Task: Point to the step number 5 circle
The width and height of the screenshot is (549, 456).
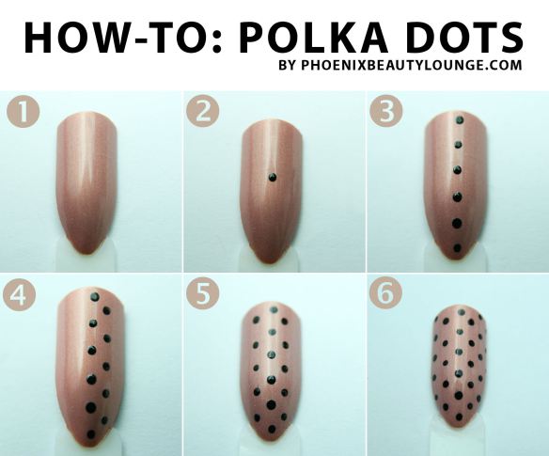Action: point(203,294)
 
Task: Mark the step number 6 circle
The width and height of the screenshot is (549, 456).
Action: point(385,294)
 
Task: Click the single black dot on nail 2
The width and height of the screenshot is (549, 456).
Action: point(272,177)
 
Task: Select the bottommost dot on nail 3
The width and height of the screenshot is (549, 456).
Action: point(456,248)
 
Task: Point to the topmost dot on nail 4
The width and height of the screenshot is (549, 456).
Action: point(95,296)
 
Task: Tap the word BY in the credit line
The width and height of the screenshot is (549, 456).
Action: point(288,66)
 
